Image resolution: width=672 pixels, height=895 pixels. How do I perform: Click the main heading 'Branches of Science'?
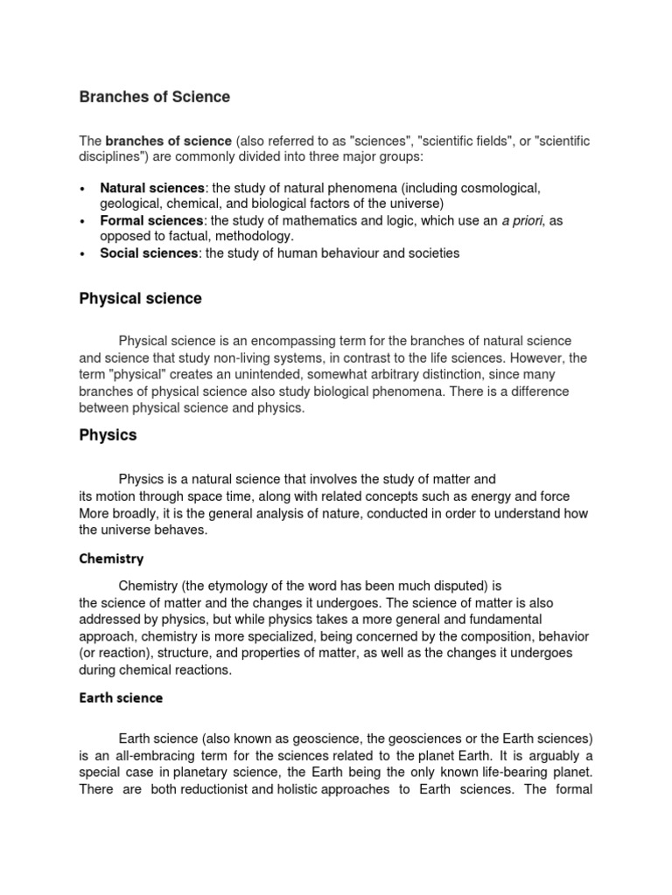point(155,97)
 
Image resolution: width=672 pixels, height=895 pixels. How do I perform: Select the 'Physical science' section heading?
point(140,299)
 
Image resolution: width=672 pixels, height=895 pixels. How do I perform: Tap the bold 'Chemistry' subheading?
point(111,559)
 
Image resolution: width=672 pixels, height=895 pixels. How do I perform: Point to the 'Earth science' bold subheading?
point(121,698)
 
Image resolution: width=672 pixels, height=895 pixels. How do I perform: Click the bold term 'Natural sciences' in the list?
point(152,188)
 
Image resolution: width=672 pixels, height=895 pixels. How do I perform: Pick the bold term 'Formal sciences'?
point(150,221)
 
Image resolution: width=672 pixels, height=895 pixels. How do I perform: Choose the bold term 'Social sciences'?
point(149,253)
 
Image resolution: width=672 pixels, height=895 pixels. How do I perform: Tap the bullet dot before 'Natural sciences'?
point(82,189)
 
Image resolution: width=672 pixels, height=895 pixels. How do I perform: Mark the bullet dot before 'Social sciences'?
point(82,254)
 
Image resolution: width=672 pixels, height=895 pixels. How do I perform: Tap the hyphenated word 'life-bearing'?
point(500,774)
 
